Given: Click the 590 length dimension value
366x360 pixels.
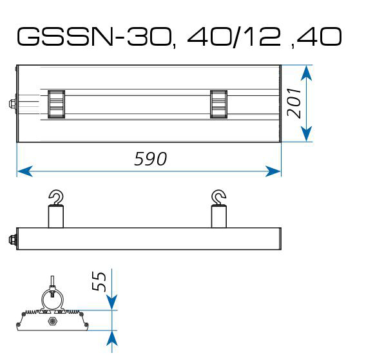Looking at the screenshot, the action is [x=151, y=158].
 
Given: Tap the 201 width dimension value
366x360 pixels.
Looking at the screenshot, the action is [x=294, y=102].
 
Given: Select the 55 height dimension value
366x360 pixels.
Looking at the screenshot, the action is [x=99, y=281].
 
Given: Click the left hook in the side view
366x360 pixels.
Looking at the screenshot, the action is [x=56, y=198].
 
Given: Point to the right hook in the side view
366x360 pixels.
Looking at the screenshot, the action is [x=218, y=198].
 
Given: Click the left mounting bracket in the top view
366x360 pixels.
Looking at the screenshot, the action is [x=56, y=104].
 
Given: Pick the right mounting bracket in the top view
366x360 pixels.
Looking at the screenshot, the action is [x=218, y=104].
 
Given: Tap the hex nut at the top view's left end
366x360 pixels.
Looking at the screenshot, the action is [x=12, y=104].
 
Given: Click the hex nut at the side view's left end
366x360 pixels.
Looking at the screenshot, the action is [x=12, y=240].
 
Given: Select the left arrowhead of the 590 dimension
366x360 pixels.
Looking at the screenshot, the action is [x=24, y=171].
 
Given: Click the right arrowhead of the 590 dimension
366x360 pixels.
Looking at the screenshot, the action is [x=273, y=171].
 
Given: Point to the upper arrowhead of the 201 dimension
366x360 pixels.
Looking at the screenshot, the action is [x=307, y=73].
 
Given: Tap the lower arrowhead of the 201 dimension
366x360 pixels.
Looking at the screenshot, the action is [x=307, y=134].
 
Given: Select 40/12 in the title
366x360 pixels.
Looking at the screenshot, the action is [x=234, y=37].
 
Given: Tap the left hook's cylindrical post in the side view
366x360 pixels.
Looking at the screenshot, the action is [x=56, y=216].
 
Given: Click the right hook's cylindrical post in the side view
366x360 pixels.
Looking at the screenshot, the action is [x=218, y=216].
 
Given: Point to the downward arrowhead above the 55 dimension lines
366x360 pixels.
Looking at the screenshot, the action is [x=112, y=302].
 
